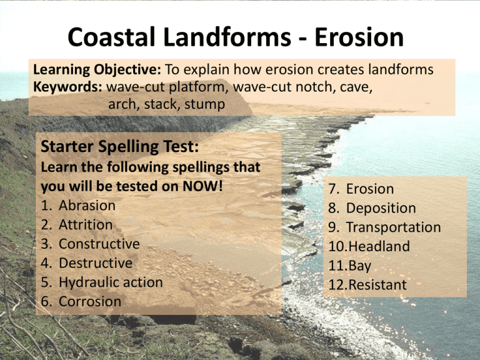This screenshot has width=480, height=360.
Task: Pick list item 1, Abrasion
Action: pos(87,206)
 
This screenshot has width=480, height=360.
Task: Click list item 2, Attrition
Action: pos(86,224)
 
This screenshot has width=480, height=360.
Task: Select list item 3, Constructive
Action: pos(99,244)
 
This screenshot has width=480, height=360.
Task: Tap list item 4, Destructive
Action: pos(95,262)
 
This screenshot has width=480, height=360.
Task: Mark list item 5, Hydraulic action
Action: pos(111,282)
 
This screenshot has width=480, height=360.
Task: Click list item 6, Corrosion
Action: pos(89,301)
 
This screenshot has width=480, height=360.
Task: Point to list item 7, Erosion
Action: pos(369,189)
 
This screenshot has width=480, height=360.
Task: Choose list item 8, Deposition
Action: pos(381,208)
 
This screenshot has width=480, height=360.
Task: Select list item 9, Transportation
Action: pos(393,227)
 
